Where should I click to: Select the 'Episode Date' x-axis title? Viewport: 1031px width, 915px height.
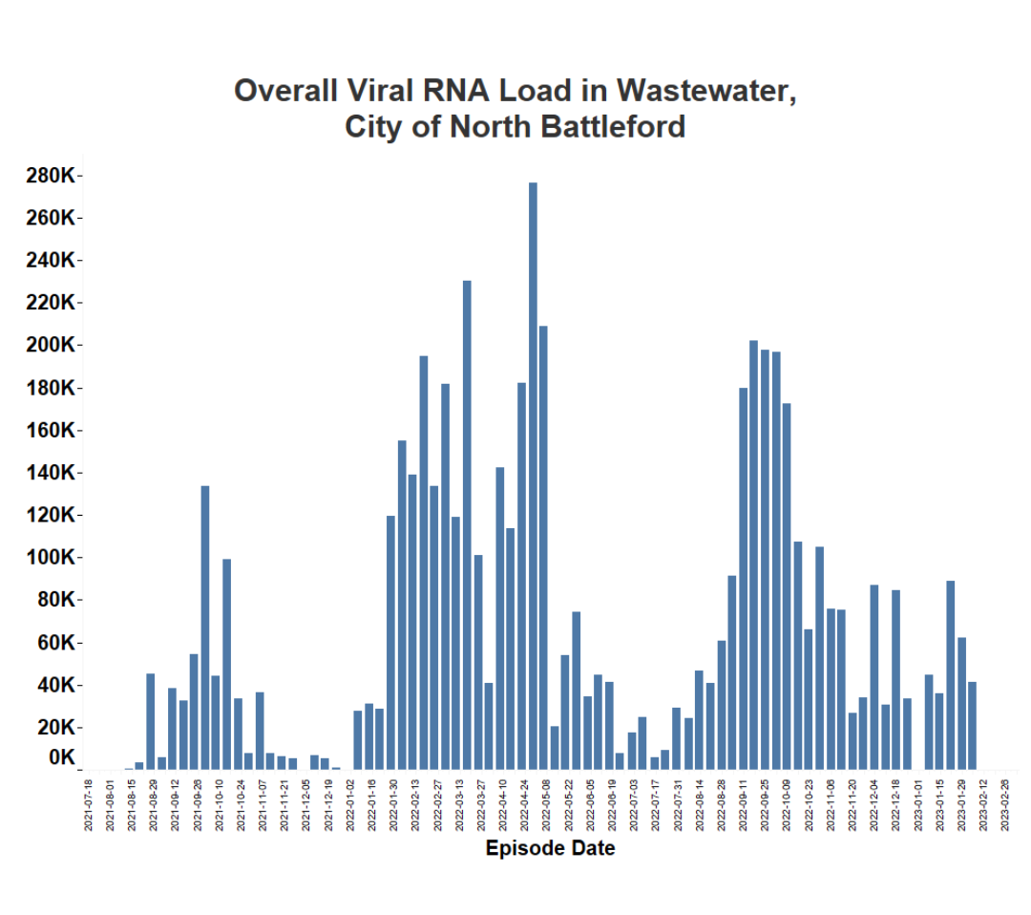tap(550, 848)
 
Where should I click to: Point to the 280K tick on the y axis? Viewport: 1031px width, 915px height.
tap(53, 176)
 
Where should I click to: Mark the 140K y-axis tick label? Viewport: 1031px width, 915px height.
tap(53, 473)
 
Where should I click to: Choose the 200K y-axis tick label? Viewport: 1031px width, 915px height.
tap(53, 345)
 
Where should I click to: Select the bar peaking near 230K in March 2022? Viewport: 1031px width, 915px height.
tap(467, 524)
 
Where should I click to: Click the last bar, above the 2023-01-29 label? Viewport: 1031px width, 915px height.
tap(972, 725)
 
